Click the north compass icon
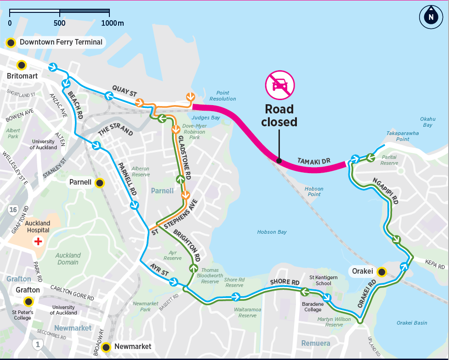(431, 17)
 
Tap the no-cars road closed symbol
(279, 85)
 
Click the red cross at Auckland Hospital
(39, 241)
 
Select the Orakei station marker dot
(381, 271)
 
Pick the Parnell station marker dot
(99, 183)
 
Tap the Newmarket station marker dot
(107, 347)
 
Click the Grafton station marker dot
(28, 302)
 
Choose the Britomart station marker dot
(22, 65)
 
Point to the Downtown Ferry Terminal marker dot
(10, 42)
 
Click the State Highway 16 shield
(13, 210)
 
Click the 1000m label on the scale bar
(112, 23)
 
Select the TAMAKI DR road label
(314, 161)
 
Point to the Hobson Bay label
(272, 232)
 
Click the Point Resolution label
(222, 96)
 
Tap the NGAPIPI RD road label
(385, 190)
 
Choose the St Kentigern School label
(320, 280)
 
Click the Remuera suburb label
(316, 343)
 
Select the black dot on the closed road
(278, 160)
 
